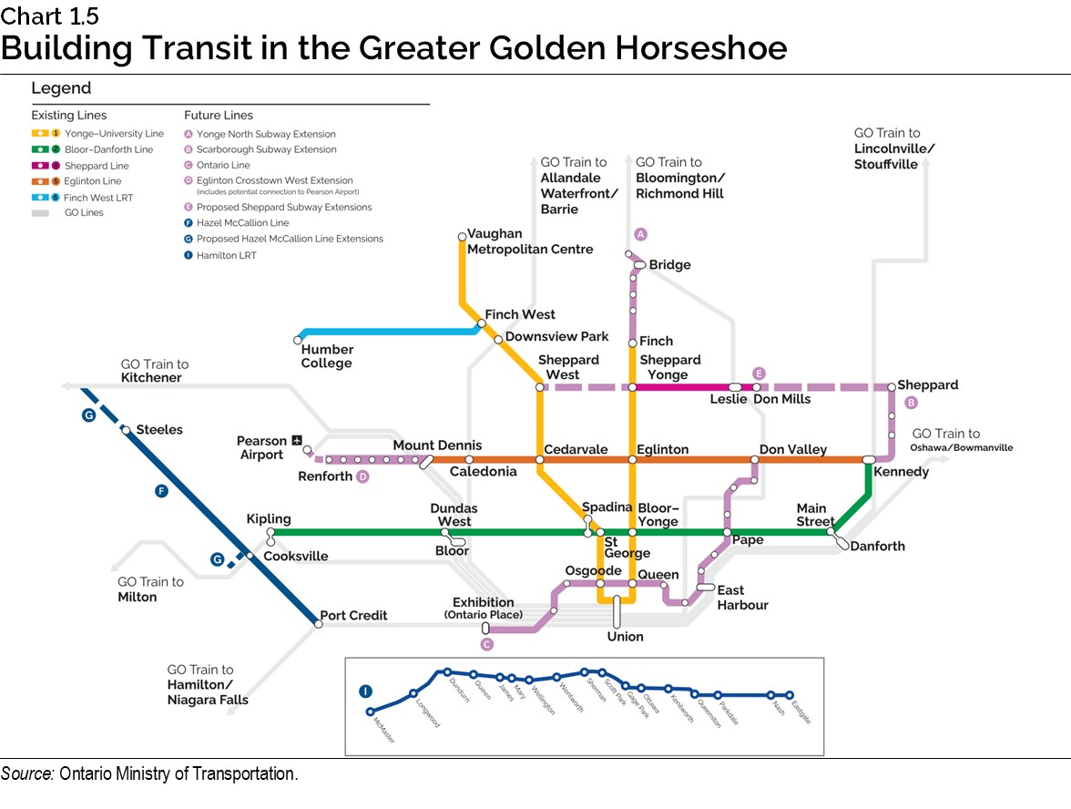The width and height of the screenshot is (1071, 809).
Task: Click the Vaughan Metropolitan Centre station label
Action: (x=529, y=241)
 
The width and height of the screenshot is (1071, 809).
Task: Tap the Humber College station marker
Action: (x=298, y=340)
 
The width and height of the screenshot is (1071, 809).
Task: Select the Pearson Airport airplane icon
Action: (x=296, y=441)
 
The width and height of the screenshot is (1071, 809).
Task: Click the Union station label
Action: (x=625, y=636)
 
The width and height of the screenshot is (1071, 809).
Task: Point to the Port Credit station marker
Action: (x=318, y=624)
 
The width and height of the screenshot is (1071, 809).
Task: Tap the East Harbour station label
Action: (x=742, y=598)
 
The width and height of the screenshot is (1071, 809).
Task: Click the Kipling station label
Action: (x=269, y=518)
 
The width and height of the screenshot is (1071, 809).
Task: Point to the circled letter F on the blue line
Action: (x=161, y=492)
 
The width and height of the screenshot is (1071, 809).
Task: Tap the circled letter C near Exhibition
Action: (x=486, y=645)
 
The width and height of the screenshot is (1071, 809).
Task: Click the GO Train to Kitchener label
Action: (x=154, y=371)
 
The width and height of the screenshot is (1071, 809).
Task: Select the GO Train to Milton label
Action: (x=150, y=589)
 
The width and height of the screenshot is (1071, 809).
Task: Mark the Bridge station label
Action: (x=669, y=265)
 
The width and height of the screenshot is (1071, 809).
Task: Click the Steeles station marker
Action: (x=127, y=430)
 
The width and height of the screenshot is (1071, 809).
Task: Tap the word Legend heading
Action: (x=61, y=88)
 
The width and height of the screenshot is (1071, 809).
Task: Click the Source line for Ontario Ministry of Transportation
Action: (x=149, y=774)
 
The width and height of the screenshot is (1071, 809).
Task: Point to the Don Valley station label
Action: (x=792, y=449)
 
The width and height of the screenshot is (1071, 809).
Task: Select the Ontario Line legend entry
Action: (x=217, y=165)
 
